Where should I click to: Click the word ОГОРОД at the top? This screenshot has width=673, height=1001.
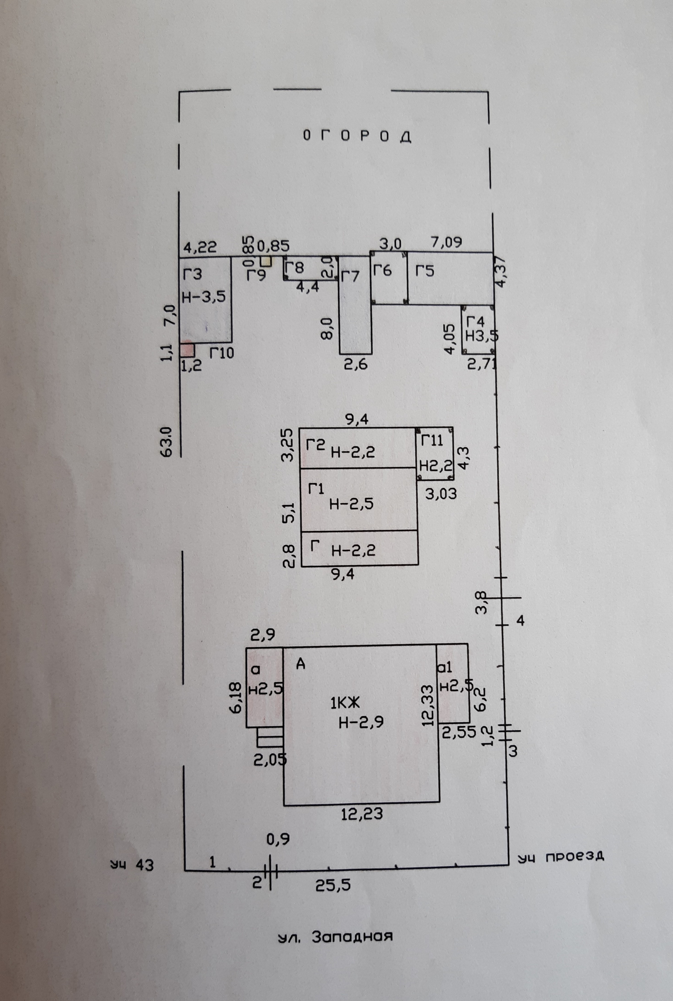[x=357, y=136]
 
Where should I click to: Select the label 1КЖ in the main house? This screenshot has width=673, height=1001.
[x=344, y=703]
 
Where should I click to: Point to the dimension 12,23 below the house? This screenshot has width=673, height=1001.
[x=361, y=814]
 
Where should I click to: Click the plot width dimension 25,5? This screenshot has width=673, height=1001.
[x=333, y=885]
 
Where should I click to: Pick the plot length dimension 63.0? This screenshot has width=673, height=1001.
[x=166, y=442]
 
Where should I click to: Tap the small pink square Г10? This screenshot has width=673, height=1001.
[x=187, y=350]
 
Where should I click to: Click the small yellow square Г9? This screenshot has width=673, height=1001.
[x=266, y=261]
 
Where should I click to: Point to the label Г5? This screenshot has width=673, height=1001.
[x=424, y=271]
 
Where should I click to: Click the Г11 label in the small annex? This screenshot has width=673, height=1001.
[x=431, y=441]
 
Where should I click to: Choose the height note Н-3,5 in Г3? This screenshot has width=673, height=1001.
[x=204, y=296]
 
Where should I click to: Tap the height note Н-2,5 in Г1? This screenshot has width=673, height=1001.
[x=351, y=504]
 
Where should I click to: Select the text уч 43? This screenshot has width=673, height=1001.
[x=132, y=865]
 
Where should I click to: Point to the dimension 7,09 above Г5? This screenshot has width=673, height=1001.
[x=447, y=242]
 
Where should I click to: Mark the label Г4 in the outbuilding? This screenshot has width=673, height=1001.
[x=476, y=321]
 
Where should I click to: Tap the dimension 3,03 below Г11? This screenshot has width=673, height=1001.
[x=441, y=494]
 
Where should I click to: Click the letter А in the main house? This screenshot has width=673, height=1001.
[x=301, y=664]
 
